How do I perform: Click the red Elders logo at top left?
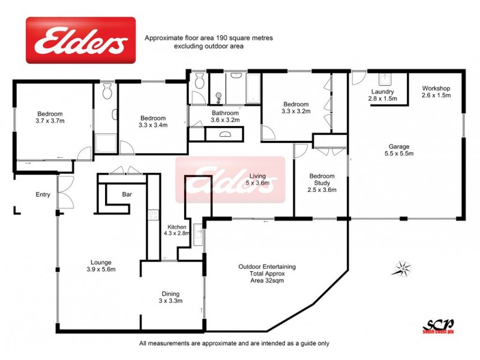pyautogui.click(x=80, y=41)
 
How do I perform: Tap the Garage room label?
pyautogui.click(x=414, y=145)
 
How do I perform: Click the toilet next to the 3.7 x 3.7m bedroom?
pyautogui.click(x=107, y=92)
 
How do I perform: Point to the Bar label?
pyautogui.click(x=127, y=194)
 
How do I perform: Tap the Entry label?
pyautogui.click(x=43, y=194)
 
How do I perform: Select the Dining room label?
pyautogui.click(x=170, y=293)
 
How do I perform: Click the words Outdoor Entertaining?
pyautogui.click(x=266, y=266)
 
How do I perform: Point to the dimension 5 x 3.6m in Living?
pyautogui.click(x=259, y=183)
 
